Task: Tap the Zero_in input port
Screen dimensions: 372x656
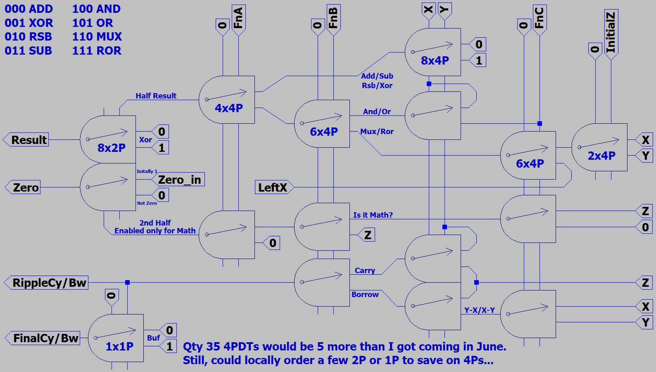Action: click(x=179, y=180)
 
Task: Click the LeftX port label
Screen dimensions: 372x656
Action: click(x=273, y=187)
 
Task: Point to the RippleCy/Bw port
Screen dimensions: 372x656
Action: click(x=48, y=283)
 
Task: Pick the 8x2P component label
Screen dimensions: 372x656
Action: click(x=112, y=148)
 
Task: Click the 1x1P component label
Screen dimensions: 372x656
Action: click(x=119, y=346)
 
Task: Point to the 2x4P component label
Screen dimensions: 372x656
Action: click(x=601, y=156)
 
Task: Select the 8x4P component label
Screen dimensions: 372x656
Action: click(x=435, y=60)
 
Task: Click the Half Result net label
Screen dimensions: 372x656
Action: click(x=156, y=96)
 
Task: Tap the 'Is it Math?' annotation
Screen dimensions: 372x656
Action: click(x=373, y=215)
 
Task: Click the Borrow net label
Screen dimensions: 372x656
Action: click(x=365, y=295)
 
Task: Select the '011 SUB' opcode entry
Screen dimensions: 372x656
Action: click(x=29, y=51)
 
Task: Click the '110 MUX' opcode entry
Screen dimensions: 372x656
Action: click(x=97, y=37)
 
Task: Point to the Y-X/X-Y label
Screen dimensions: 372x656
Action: click(x=479, y=310)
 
